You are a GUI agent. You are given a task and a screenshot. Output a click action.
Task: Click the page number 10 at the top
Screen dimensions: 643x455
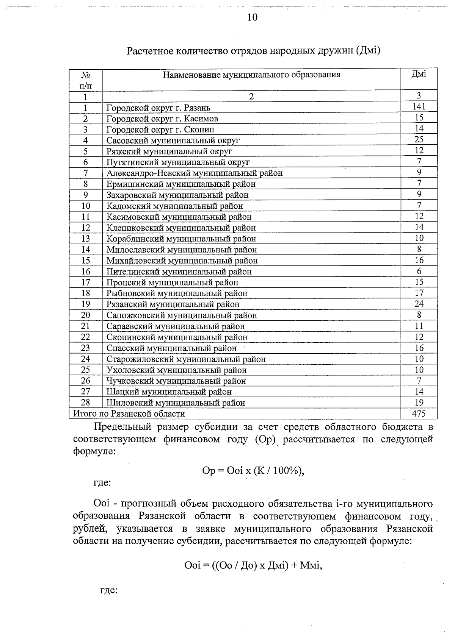[252, 17]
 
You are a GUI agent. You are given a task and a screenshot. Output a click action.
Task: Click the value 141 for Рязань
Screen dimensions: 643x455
[419, 107]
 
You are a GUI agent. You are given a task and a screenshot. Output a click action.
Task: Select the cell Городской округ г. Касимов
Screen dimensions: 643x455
[162, 119]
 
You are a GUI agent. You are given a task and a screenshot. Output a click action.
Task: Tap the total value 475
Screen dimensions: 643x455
[419, 414]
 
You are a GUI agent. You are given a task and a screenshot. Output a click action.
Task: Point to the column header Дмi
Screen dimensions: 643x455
[419, 74]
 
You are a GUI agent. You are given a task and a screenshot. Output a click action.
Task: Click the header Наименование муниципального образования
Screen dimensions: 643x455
[251, 75]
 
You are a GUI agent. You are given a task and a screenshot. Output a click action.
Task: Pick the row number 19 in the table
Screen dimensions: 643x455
[86, 304]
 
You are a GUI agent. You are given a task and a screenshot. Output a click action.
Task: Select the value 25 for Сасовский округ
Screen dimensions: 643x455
[419, 140]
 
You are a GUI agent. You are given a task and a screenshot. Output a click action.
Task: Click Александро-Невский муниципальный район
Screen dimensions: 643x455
[195, 173]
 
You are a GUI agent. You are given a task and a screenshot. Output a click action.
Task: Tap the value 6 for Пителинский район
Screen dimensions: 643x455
[419, 271]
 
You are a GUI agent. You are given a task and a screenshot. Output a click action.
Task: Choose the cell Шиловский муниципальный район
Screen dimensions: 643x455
[176, 403]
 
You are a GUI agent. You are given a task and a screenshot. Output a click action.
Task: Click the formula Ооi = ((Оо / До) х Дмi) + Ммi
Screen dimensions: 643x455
[253, 566]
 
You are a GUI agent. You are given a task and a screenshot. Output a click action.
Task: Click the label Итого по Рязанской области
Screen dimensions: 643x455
[129, 414]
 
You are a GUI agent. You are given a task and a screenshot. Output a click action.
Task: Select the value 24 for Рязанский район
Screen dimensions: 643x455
[419, 304]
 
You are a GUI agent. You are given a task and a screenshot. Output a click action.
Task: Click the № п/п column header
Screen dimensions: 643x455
[86, 80]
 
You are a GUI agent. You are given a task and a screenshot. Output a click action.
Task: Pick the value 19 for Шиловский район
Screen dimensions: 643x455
[419, 403]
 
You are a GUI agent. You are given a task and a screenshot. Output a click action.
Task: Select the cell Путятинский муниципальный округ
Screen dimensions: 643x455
[178, 162]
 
